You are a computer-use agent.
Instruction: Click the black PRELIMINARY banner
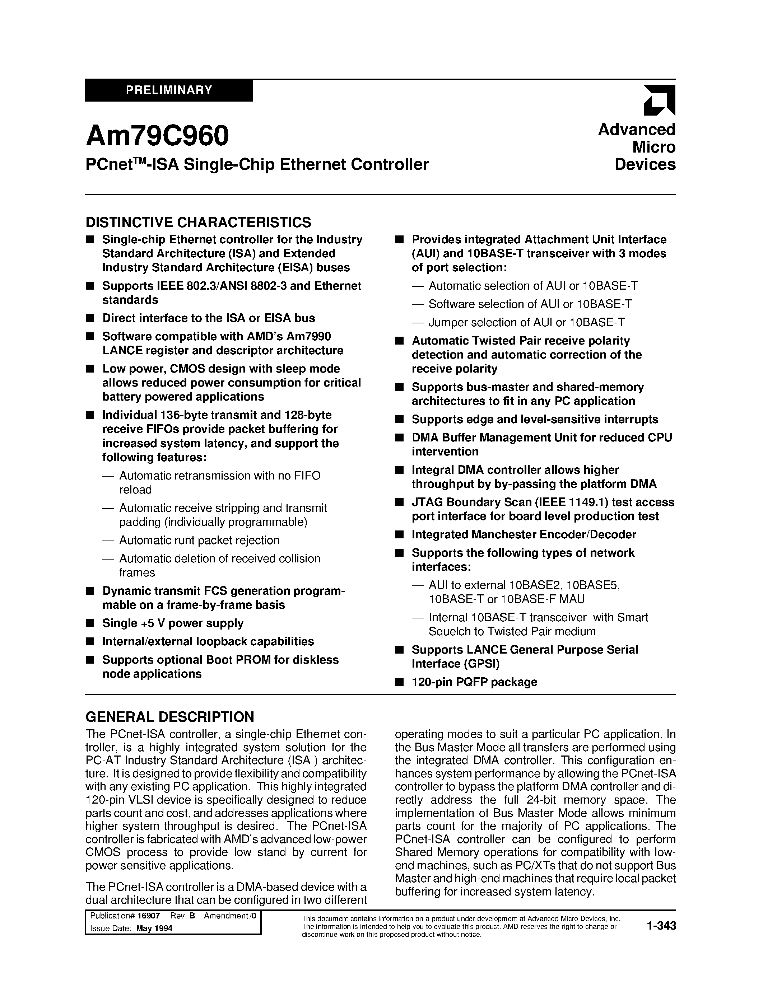169,90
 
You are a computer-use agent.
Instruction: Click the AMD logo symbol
659,99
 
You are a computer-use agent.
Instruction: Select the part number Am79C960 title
157,136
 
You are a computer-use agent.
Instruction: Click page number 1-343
661,926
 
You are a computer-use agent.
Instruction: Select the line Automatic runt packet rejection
199,540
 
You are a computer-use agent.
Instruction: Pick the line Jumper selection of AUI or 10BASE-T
527,322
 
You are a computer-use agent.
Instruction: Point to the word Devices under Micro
645,164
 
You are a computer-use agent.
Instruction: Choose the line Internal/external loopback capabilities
208,641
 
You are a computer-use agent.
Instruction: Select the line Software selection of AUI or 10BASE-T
530,304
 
